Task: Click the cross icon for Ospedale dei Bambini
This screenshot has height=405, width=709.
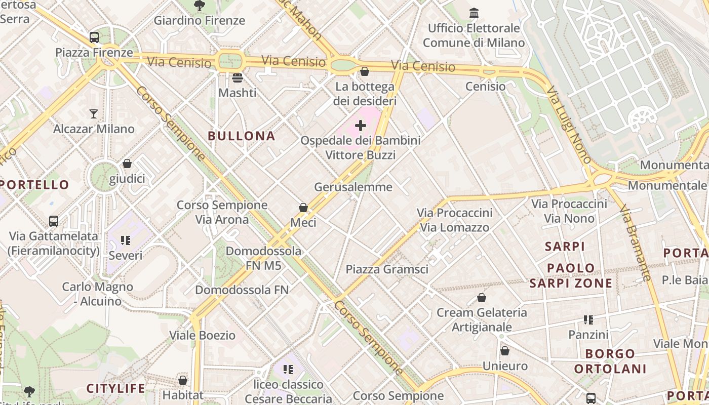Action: [361, 125]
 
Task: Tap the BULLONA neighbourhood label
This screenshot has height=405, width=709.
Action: [242, 136]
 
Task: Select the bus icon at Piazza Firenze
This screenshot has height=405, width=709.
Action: [94, 37]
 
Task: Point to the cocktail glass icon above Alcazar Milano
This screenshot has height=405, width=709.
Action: [94, 113]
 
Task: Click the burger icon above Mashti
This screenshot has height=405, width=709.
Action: [237, 78]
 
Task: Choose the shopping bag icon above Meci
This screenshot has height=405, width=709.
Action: [303, 208]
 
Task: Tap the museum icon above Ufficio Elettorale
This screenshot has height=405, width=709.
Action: [474, 13]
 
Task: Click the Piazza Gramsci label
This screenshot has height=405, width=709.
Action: [387, 269]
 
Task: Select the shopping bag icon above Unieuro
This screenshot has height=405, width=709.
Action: [505, 350]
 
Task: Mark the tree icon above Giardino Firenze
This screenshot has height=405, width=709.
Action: [199, 6]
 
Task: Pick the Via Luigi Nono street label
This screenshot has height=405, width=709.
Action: [570, 125]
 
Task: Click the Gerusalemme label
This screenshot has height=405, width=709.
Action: [353, 187]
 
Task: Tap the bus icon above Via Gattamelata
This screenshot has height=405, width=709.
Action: [54, 221]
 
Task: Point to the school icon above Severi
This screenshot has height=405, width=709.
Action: [126, 240]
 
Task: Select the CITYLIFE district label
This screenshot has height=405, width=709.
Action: [115, 389]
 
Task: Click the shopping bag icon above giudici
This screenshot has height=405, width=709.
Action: [127, 164]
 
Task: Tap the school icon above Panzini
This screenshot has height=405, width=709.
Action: [588, 319]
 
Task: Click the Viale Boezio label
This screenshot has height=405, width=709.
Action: [202, 335]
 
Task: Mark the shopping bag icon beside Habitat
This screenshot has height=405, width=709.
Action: [183, 380]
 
